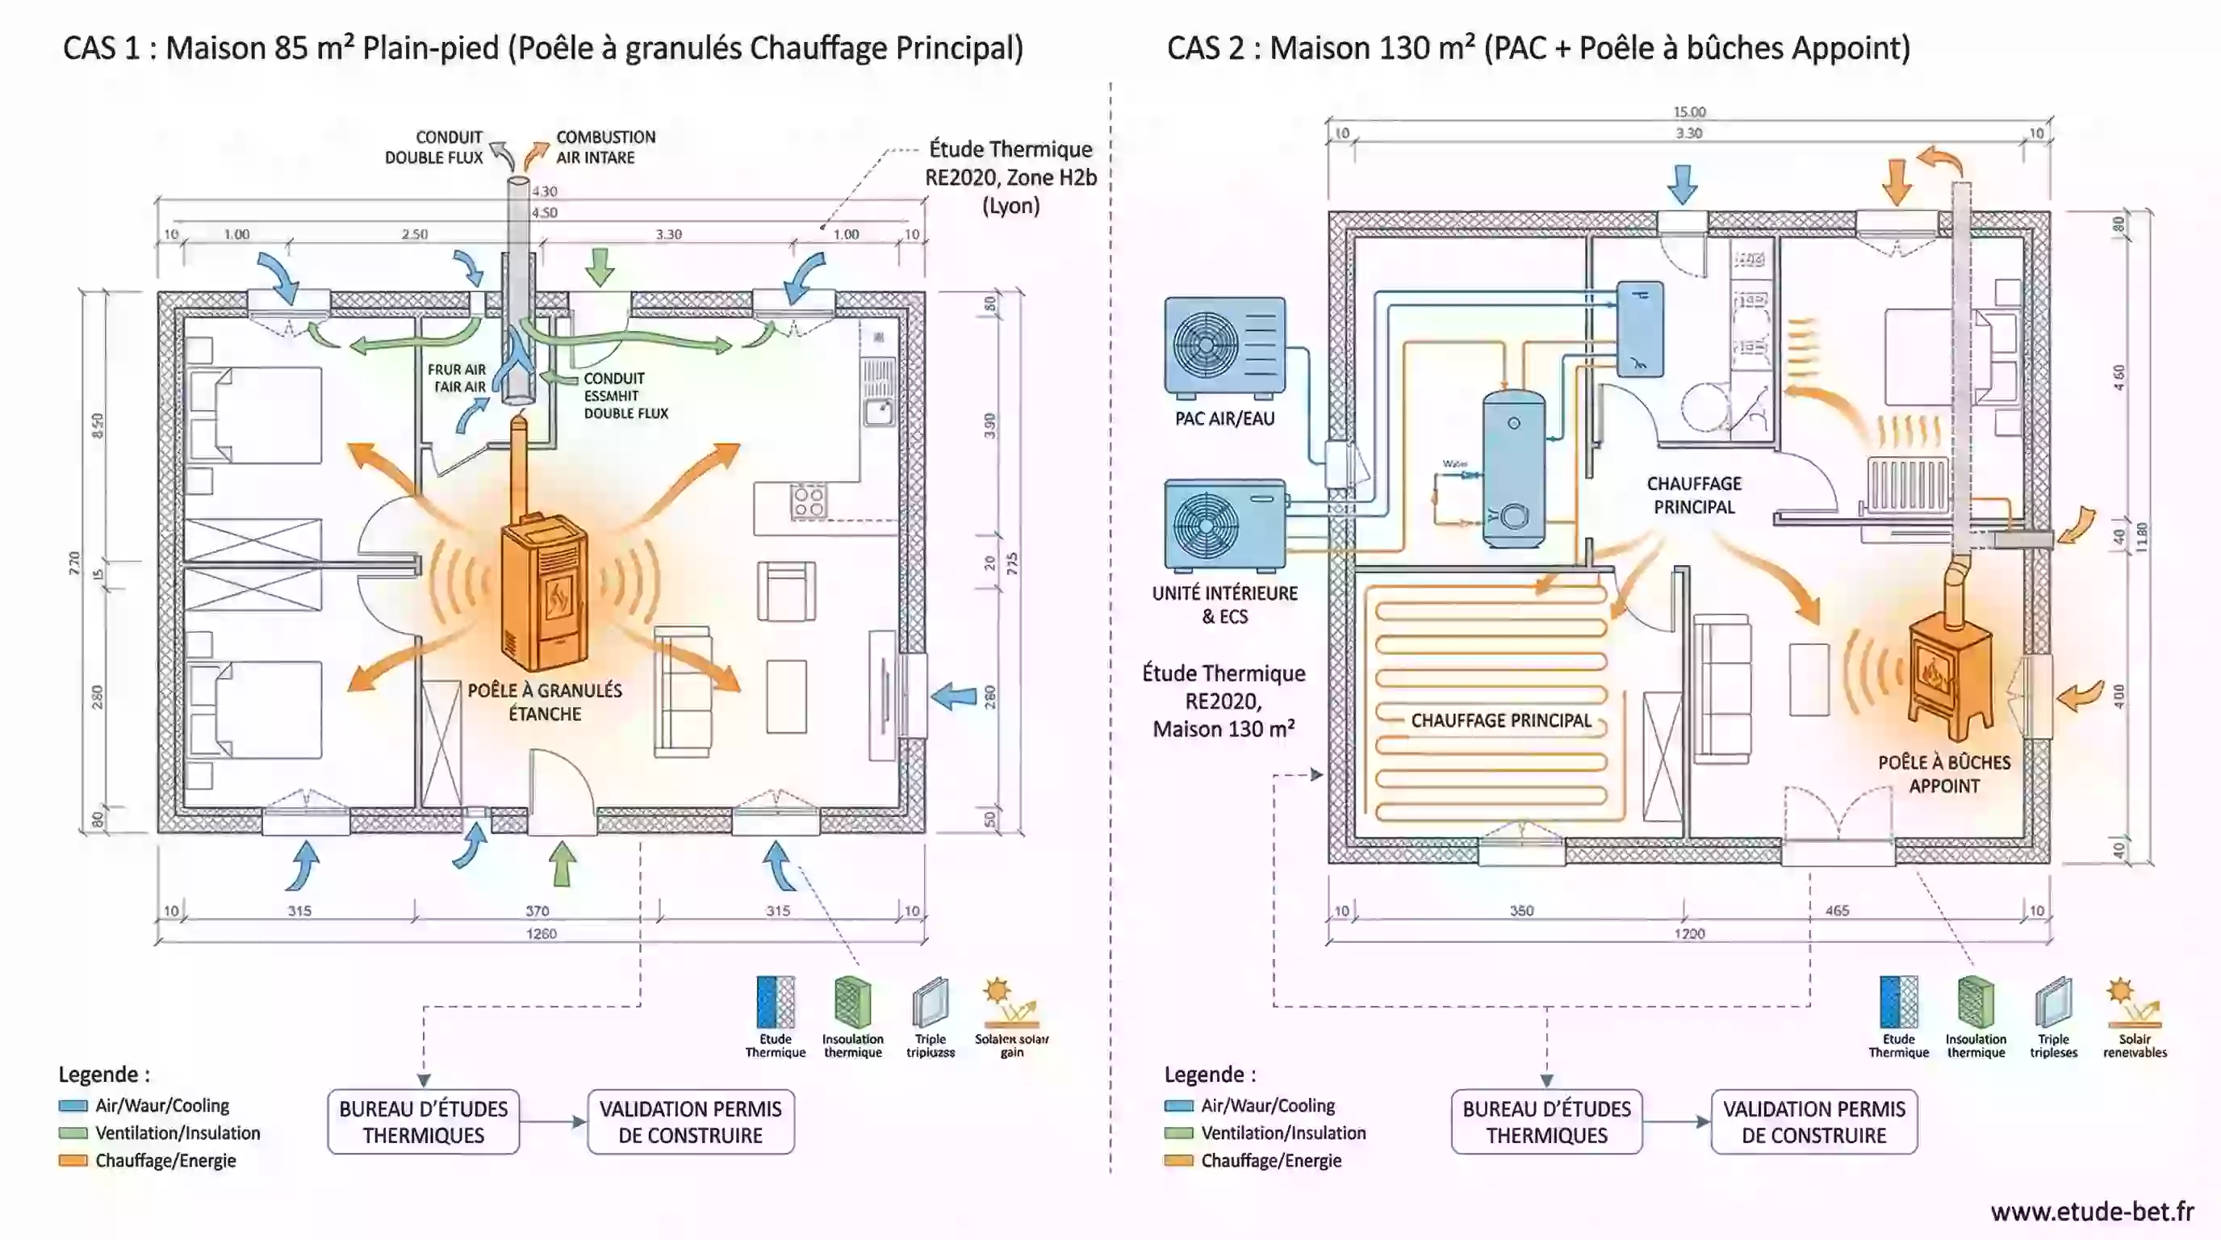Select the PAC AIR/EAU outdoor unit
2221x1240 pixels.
[1224, 346]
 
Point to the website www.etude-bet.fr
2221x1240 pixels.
[2092, 1212]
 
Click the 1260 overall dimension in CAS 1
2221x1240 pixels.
[542, 933]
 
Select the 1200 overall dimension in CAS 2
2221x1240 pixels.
[1689, 933]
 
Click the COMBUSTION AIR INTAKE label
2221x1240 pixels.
[605, 148]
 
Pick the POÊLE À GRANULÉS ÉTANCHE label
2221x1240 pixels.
[545, 702]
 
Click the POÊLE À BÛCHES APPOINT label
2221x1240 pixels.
[1944, 773]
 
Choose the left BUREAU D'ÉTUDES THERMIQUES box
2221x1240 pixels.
[424, 1122]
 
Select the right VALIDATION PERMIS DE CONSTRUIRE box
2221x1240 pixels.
[1814, 1122]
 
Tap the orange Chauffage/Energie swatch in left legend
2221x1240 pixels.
[73, 1161]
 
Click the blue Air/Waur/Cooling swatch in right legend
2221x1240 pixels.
[1178, 1105]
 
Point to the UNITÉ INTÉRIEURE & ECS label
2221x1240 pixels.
[1224, 605]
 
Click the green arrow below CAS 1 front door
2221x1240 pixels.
[563, 863]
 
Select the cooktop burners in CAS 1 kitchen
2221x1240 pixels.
[809, 501]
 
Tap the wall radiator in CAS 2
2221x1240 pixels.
[1907, 485]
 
